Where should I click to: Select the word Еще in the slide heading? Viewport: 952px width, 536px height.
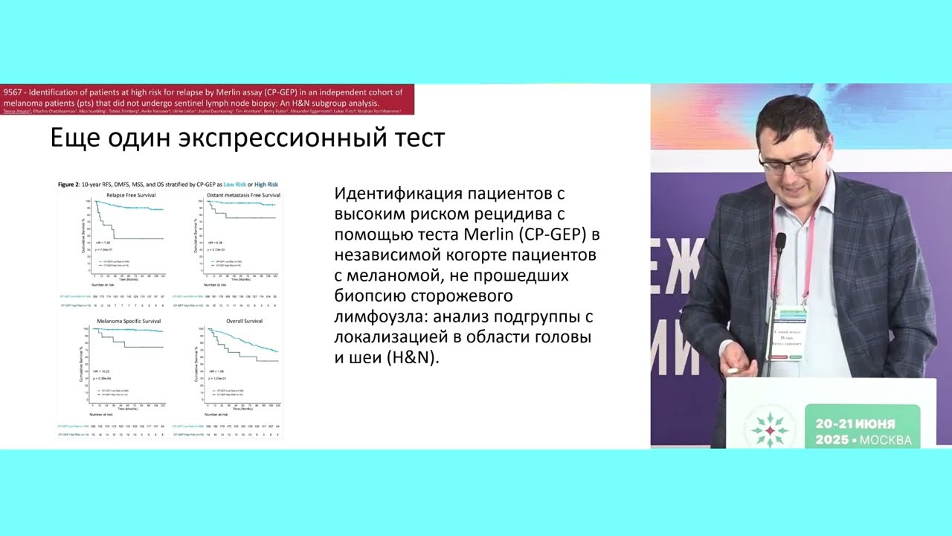78,138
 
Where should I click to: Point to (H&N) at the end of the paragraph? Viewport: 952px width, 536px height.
413,357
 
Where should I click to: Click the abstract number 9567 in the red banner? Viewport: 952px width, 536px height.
13,92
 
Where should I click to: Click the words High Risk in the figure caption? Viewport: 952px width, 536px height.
263,184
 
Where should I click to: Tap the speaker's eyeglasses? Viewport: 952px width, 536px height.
791,160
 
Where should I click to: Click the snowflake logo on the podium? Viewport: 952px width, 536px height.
769,428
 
